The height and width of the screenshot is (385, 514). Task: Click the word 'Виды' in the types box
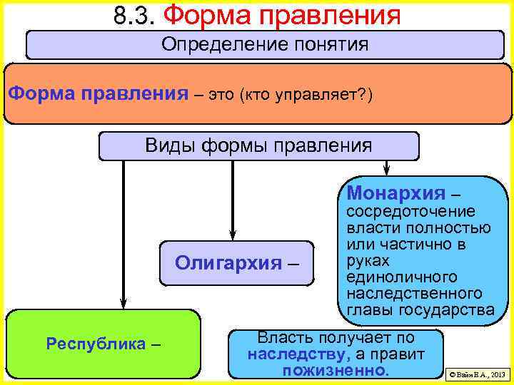click(165, 146)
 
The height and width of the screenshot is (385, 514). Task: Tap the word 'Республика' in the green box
click(96, 344)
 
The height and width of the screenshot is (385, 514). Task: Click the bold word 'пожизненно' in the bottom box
click(335, 371)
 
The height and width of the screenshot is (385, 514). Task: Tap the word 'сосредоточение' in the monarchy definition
click(400, 212)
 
